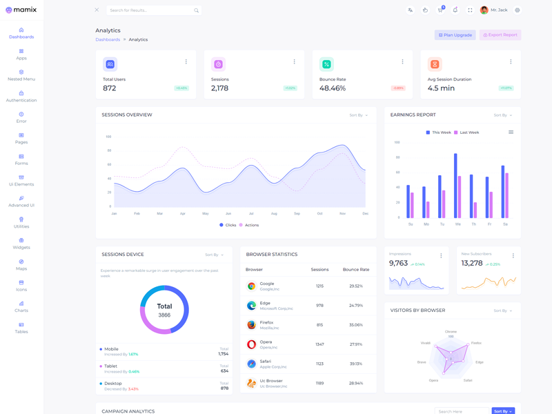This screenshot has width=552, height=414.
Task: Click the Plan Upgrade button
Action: tap(455, 34)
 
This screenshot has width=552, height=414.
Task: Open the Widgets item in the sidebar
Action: tap(21, 244)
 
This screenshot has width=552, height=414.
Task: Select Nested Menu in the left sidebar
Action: tap(21, 75)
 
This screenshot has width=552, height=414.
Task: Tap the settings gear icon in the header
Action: tap(517, 10)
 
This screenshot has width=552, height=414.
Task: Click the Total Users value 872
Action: tap(110, 88)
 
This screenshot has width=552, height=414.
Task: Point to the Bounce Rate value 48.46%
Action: tap(333, 88)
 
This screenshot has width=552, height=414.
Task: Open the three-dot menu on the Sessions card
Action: tap(294, 62)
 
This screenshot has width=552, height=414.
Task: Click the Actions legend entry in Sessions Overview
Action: tap(249, 225)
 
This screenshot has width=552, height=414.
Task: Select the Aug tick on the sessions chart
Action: tap(274, 214)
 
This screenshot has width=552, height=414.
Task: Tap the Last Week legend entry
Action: tap(466, 132)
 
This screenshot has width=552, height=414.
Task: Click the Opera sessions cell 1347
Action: tap(319, 344)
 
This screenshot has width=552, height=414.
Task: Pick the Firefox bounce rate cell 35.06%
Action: tap(356, 324)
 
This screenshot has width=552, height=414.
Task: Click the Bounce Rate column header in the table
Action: tap(356, 269)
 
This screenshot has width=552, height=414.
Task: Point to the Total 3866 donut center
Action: tap(164, 310)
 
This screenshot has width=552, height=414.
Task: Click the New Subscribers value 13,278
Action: tap(472, 264)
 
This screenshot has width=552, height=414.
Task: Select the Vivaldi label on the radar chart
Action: tap(426, 343)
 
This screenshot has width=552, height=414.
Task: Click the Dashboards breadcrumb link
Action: tap(108, 39)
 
